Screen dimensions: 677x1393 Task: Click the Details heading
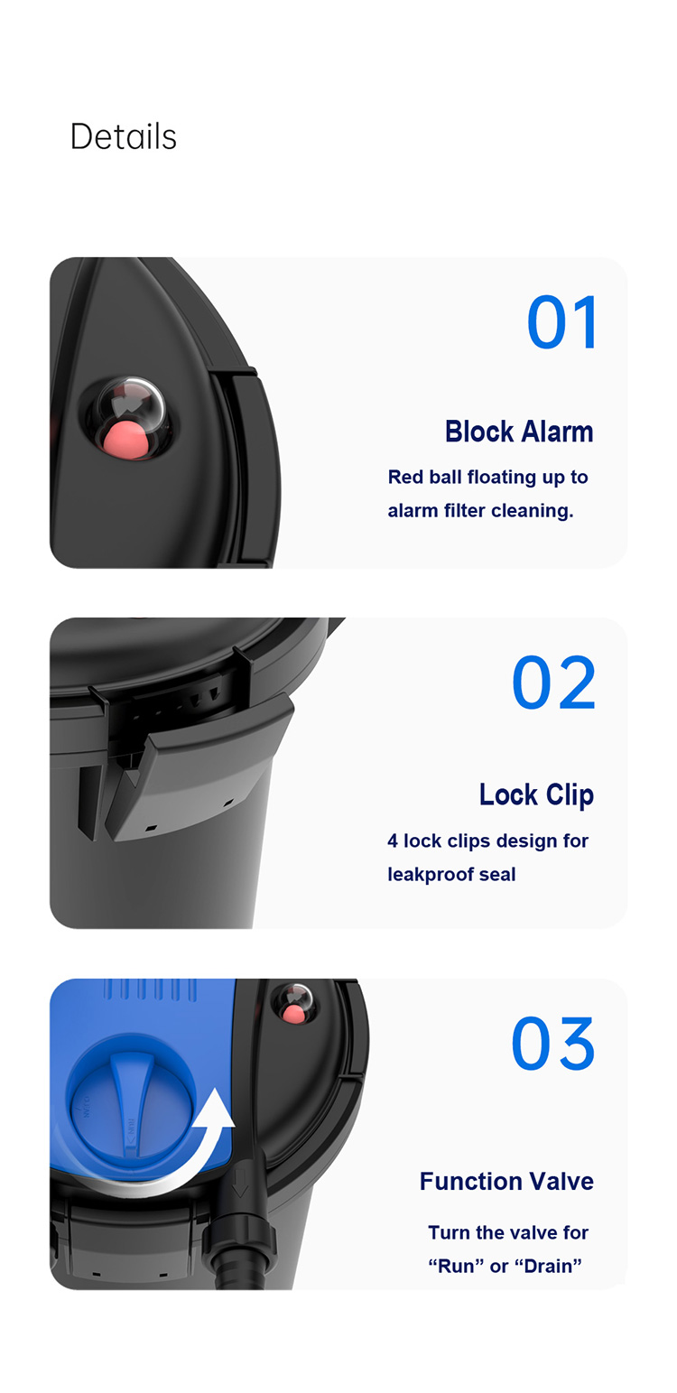coord(123,136)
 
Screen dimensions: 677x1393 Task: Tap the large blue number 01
coord(563,322)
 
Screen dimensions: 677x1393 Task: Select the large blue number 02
coord(554,683)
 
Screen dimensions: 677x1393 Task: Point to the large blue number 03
coord(553,1044)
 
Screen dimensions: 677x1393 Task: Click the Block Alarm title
coord(519,432)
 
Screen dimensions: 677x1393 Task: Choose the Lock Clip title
coord(536,795)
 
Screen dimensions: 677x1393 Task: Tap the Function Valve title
coord(506,1181)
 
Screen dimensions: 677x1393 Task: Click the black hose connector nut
coord(239,1238)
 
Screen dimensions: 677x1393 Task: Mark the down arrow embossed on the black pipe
coord(240,1184)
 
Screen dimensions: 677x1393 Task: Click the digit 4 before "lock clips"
coord(393,840)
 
